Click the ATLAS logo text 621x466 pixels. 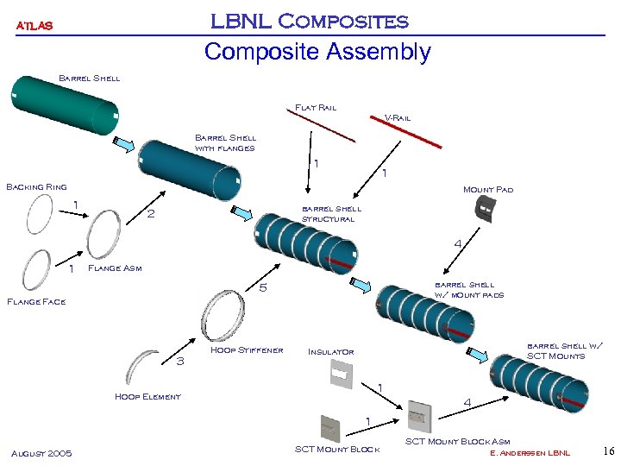point(34,26)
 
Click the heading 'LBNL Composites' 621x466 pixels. point(310,20)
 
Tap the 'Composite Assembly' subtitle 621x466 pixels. point(317,52)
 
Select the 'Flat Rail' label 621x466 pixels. point(316,108)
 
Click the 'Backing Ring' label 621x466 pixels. point(36,186)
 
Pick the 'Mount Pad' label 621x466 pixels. point(487,189)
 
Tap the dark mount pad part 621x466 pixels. point(487,212)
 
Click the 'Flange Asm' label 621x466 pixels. point(116,268)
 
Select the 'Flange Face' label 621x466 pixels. point(36,301)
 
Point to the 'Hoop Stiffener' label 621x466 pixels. point(247,349)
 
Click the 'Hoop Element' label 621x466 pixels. point(147,396)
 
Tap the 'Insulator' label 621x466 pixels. point(330,352)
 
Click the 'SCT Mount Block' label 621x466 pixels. point(337,449)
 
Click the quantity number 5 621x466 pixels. point(264,288)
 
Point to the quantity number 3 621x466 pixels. point(180,361)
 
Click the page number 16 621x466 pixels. point(608,451)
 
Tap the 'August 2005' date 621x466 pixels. point(41,453)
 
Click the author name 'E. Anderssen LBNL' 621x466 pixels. point(530,453)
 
